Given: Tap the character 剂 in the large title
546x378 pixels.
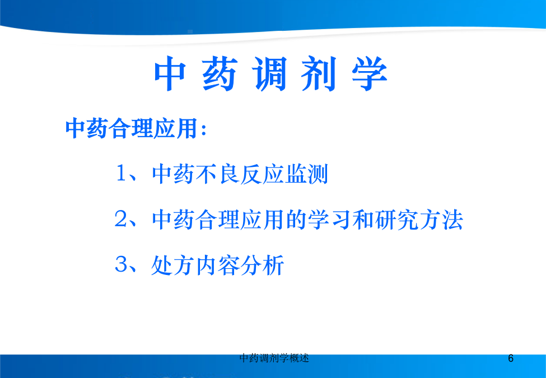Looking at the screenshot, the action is (x=319, y=74).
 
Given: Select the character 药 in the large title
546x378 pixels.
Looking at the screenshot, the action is (x=220, y=74).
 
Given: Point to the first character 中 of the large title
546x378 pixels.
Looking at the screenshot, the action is (x=170, y=74).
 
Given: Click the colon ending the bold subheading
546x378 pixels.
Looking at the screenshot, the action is (x=204, y=129).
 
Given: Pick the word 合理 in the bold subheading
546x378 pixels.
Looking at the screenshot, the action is (x=131, y=129).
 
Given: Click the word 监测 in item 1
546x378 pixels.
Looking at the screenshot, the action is (x=306, y=174).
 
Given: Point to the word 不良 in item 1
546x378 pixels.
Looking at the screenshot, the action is (x=218, y=174).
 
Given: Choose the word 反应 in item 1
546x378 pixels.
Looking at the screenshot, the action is (x=262, y=174).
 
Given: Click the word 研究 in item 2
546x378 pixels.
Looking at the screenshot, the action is (x=396, y=220).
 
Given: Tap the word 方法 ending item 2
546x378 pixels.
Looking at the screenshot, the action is (x=441, y=220).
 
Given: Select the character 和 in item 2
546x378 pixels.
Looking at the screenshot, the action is (x=363, y=220).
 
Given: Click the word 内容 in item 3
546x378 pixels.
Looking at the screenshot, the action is (x=218, y=265).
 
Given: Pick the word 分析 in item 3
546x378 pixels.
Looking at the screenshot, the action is (x=262, y=265).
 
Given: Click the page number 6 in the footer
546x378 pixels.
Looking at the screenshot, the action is (x=511, y=358).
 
